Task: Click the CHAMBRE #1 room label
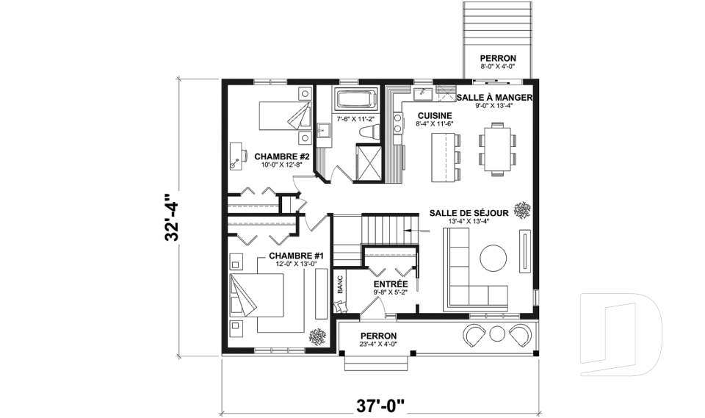tap(291, 256)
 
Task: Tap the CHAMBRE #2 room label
tap(282, 156)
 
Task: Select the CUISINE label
tap(435, 115)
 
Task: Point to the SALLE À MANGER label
tap(493, 97)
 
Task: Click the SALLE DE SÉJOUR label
tap(465, 212)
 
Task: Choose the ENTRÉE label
tap(390, 284)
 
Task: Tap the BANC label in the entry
tap(340, 285)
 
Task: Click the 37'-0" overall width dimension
tap(380, 404)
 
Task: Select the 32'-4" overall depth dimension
tap(170, 218)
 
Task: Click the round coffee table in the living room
tap(493, 258)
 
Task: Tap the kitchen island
tap(442, 159)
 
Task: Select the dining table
tap(497, 148)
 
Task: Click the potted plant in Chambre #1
tap(318, 337)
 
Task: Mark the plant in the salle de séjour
tap(522, 211)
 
